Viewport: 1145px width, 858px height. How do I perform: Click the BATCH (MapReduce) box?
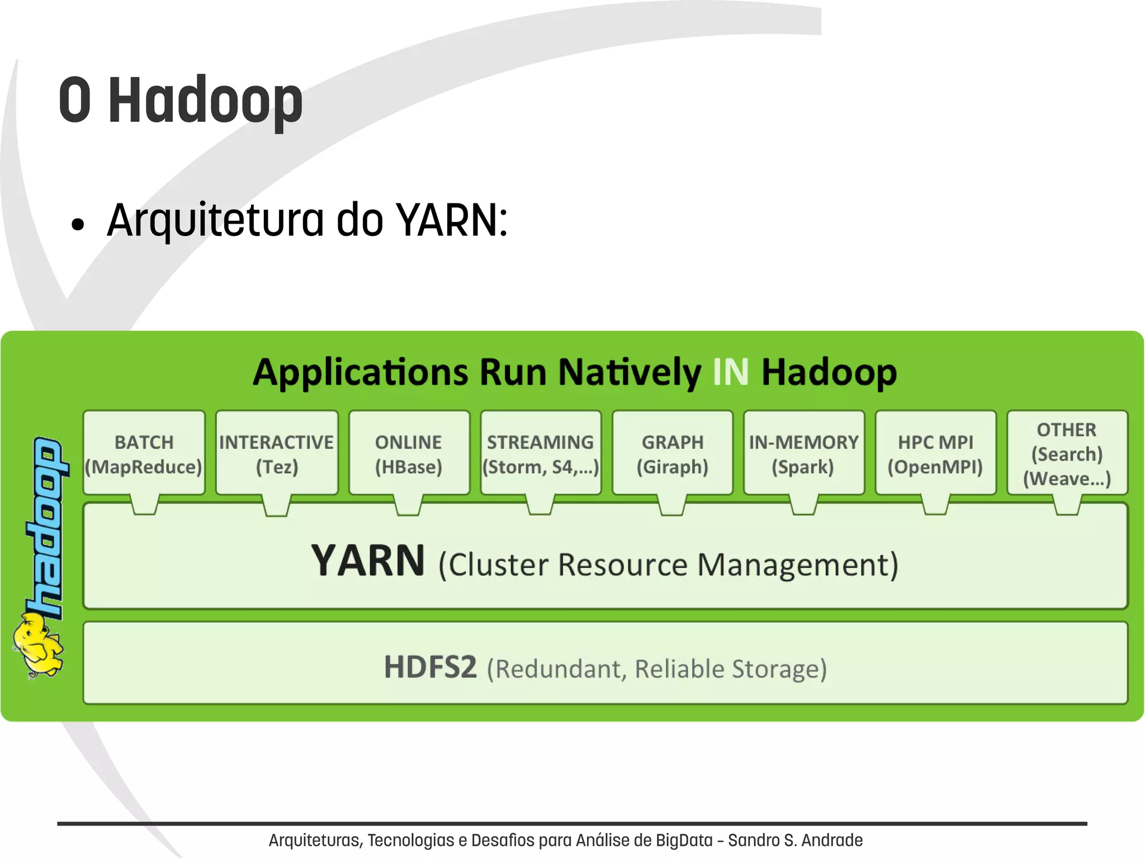[144, 453]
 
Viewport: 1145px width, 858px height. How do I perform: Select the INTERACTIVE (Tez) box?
[277, 453]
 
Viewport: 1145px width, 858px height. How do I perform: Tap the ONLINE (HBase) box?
[409, 453]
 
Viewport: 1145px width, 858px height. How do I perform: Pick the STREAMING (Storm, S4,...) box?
[541, 453]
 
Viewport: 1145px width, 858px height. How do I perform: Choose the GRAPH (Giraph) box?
[673, 453]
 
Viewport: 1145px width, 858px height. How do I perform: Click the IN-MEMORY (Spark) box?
[804, 453]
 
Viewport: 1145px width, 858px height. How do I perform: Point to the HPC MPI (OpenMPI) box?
[935, 453]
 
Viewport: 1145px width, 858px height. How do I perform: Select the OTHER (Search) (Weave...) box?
[1067, 453]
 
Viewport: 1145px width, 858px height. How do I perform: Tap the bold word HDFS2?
[430, 667]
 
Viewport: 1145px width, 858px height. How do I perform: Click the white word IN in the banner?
[731, 372]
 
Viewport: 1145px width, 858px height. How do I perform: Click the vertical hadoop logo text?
[46, 525]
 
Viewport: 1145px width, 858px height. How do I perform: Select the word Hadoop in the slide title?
[205, 101]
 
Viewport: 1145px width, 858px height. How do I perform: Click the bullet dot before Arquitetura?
[78, 225]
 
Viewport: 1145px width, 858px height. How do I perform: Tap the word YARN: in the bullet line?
[452, 220]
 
